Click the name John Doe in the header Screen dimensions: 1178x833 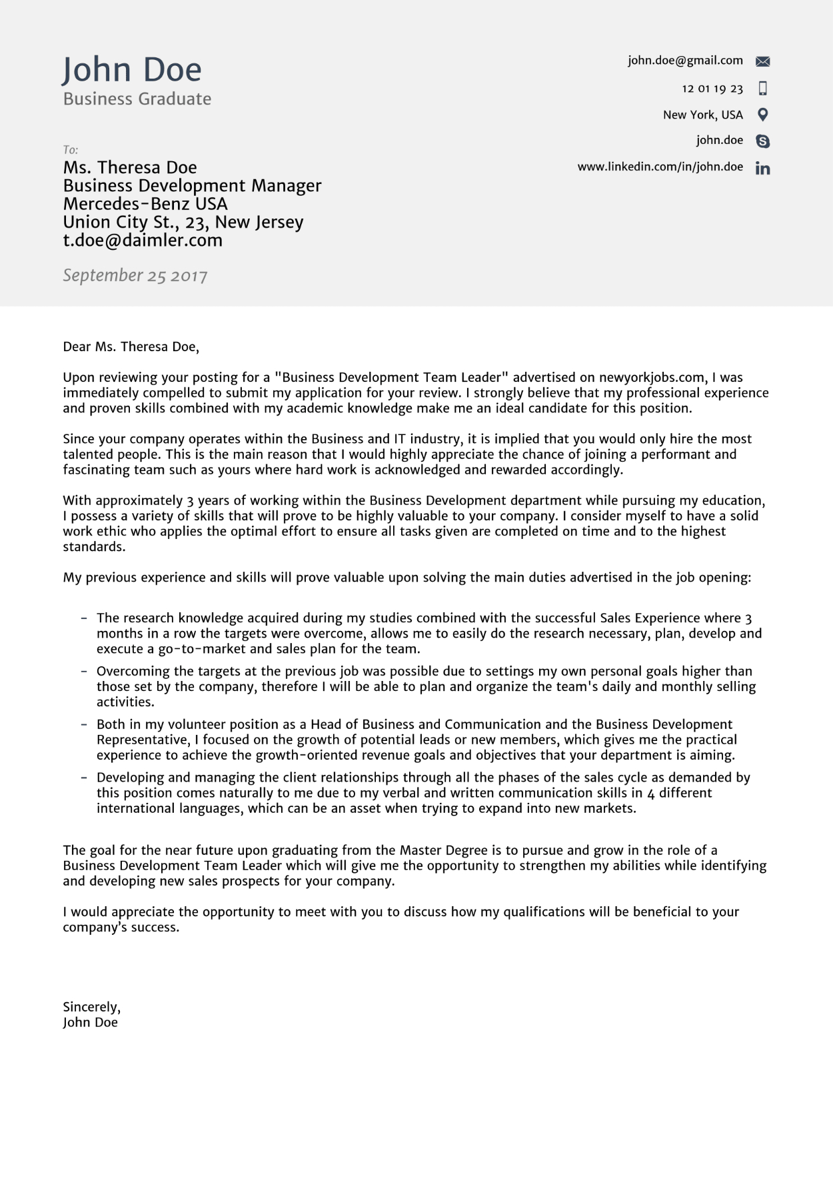(x=131, y=70)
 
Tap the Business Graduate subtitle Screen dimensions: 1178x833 (x=137, y=99)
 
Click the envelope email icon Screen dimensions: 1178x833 (x=763, y=61)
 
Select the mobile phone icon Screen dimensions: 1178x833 (x=763, y=88)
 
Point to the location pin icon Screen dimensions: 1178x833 (x=763, y=115)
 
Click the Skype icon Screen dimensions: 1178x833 (x=763, y=141)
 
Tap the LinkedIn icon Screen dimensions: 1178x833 (x=763, y=169)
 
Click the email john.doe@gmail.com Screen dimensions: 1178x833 (x=685, y=61)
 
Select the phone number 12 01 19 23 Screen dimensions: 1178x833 (x=712, y=89)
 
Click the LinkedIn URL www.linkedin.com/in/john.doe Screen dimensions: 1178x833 (x=660, y=167)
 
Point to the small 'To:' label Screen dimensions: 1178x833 (x=70, y=150)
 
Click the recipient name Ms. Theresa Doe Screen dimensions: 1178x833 (x=130, y=167)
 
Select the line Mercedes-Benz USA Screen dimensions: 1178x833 (x=145, y=204)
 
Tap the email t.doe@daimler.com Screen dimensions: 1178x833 (x=143, y=241)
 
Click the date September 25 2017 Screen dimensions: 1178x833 (x=135, y=276)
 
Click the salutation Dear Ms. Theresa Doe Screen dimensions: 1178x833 (x=131, y=346)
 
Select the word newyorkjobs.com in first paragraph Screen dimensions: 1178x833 (x=652, y=378)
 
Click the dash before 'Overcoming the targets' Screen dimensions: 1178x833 (x=84, y=672)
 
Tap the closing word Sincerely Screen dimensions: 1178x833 (x=91, y=1007)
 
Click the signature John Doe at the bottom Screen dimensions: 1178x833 (x=90, y=1023)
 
